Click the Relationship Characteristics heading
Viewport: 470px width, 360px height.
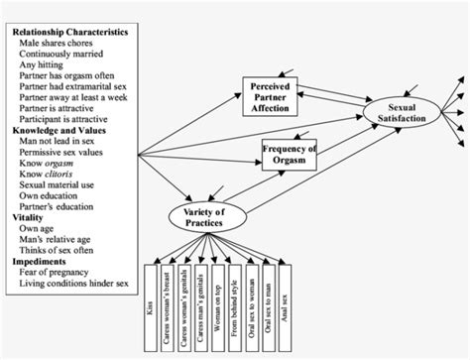(69, 32)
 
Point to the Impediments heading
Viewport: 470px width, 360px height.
(39, 266)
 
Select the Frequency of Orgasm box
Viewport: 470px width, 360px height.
(289, 155)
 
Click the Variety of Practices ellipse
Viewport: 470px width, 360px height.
(209, 216)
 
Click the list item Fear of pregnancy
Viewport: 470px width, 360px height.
(59, 279)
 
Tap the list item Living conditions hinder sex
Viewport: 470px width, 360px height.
(78, 291)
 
